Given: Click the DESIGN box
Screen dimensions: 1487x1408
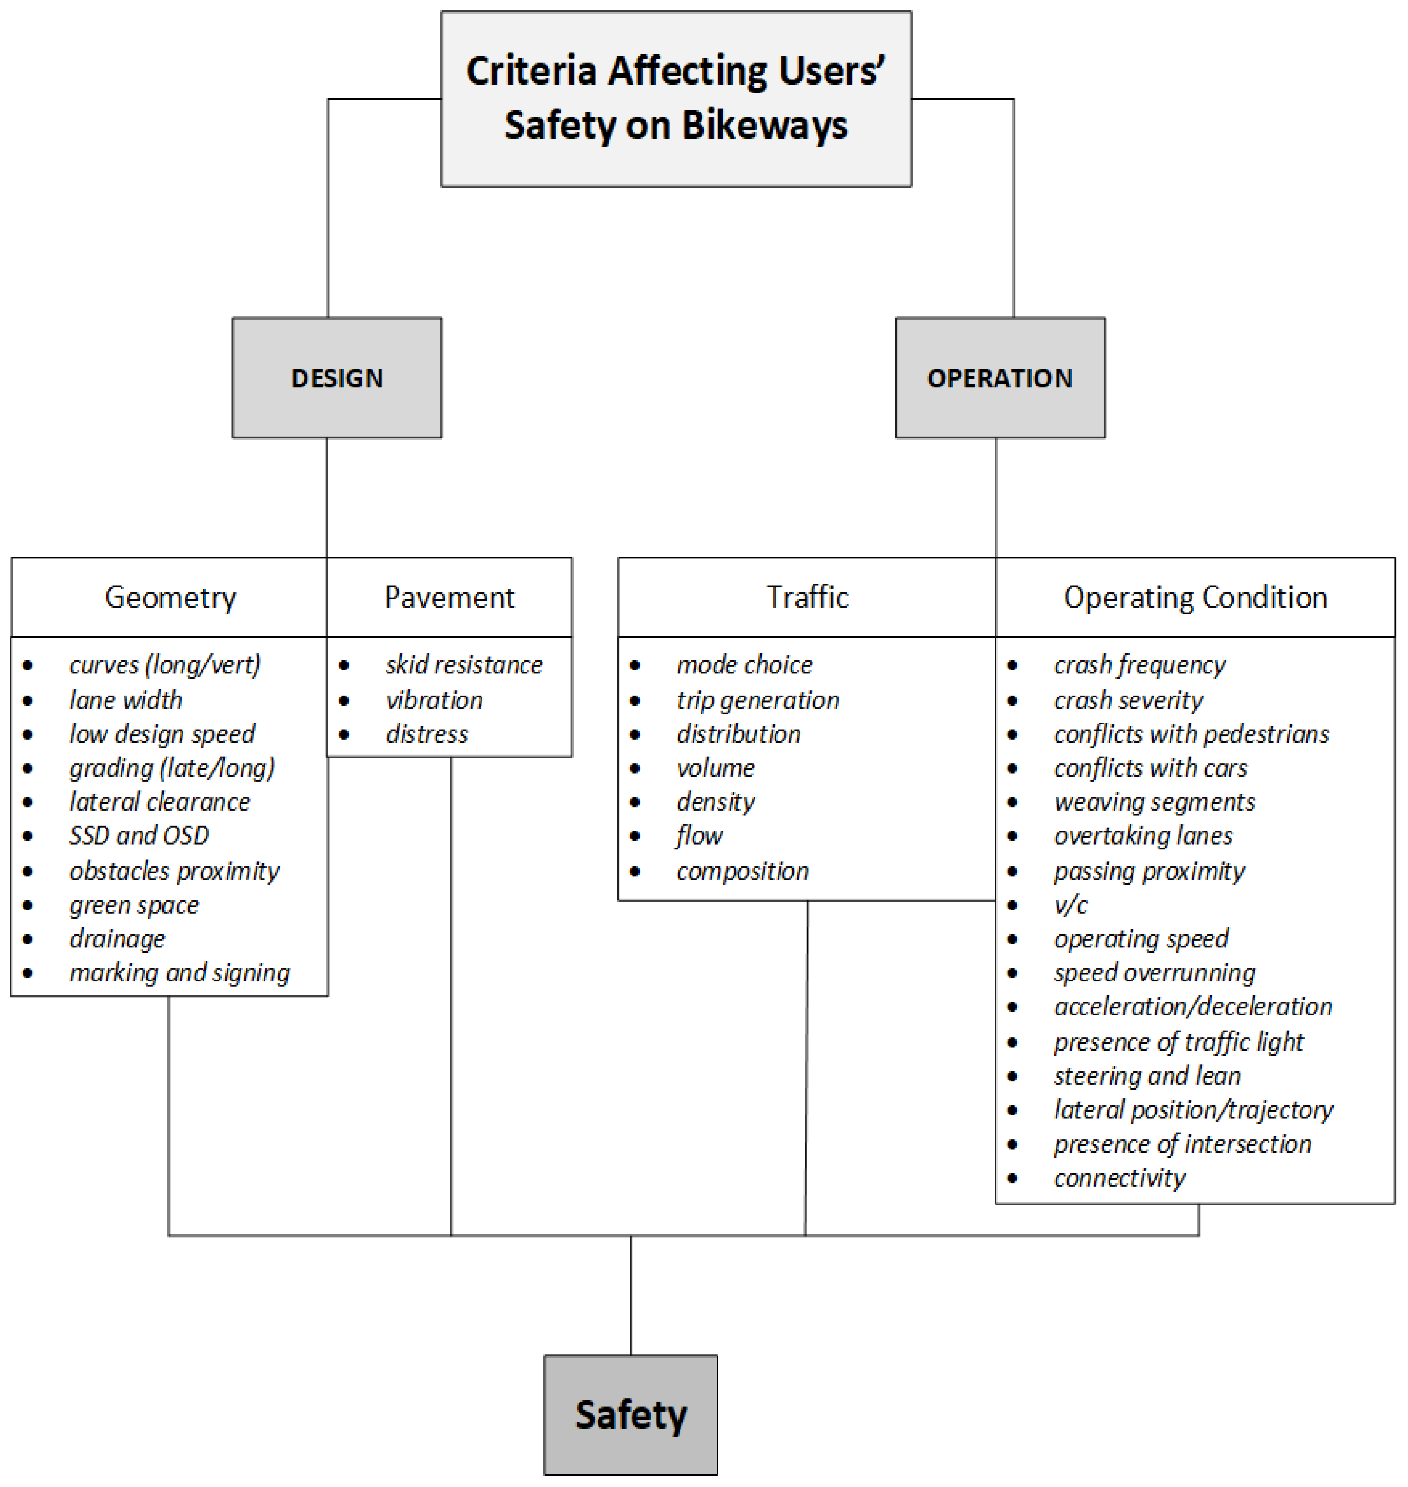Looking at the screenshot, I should coord(337,377).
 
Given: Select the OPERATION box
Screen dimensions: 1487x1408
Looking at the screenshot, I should coord(1000,377).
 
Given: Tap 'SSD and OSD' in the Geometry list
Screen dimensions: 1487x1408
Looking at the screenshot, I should coord(139,835).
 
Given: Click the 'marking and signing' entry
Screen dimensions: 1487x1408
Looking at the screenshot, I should coord(180,973).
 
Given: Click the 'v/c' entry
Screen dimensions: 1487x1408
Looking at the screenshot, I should coord(1071,905).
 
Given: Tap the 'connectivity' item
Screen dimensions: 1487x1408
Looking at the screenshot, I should coord(1120,1178).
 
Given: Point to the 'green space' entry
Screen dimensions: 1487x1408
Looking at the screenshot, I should coord(134,905).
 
